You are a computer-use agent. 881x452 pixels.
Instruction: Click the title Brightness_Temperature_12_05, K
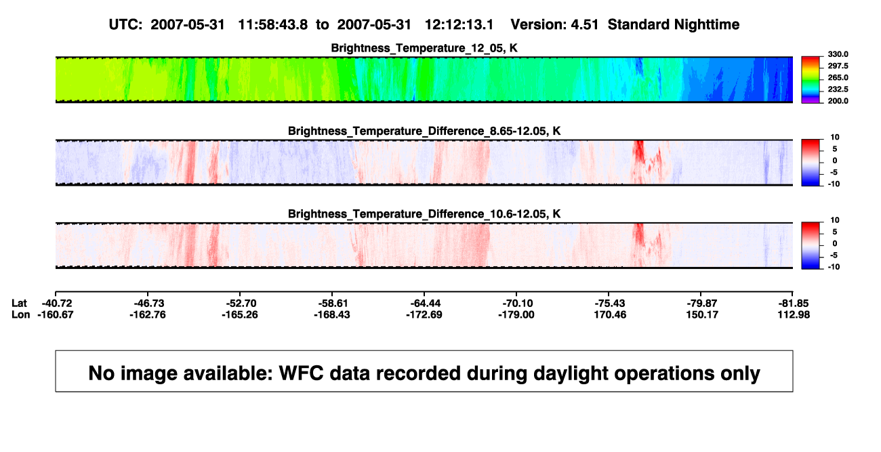pos(424,48)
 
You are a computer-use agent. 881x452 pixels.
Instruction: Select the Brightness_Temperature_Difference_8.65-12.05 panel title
pos(424,131)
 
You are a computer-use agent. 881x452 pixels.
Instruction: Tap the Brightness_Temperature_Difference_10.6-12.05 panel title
pos(424,214)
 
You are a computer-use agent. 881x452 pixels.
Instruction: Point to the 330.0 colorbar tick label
pos(838,54)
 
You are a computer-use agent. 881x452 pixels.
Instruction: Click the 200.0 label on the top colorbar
pos(838,101)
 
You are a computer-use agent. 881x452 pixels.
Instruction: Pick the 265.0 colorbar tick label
pos(838,77)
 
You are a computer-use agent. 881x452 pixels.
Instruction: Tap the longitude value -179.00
pos(516,314)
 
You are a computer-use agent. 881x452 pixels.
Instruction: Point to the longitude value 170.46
pos(610,314)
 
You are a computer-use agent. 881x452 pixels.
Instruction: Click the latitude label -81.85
pos(794,304)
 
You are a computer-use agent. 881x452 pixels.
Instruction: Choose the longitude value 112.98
pos(794,314)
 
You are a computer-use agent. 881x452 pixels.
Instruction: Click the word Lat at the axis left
pos(19,304)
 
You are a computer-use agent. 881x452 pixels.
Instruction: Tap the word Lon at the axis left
pos(20,314)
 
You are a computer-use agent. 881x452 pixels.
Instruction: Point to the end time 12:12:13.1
pos(459,25)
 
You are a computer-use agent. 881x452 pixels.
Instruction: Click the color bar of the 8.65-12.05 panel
pos(811,163)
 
